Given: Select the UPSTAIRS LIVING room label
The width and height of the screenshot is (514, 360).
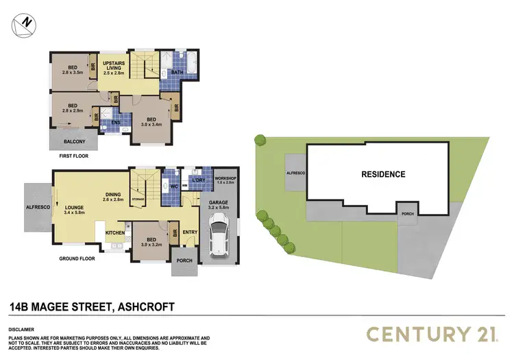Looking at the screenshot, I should click(x=112, y=67).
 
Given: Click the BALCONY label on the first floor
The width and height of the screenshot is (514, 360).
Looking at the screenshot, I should click(x=74, y=142).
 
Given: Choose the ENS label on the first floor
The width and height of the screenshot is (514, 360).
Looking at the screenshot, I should click(x=108, y=123).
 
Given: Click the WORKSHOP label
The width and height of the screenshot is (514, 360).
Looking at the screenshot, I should click(x=225, y=180).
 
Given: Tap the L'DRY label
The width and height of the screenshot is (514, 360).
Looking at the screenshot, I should click(x=199, y=180).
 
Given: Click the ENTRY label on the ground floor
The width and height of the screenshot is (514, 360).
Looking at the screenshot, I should click(x=190, y=232).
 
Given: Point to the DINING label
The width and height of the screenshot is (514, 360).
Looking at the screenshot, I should click(x=114, y=194).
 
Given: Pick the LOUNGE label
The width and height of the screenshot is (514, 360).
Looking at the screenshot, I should click(x=73, y=208).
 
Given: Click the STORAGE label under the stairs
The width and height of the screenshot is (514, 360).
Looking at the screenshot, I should click(x=138, y=200).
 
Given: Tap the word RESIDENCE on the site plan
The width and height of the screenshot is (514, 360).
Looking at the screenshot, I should click(x=383, y=174).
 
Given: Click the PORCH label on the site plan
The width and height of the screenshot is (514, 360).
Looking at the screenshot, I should click(x=408, y=213).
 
